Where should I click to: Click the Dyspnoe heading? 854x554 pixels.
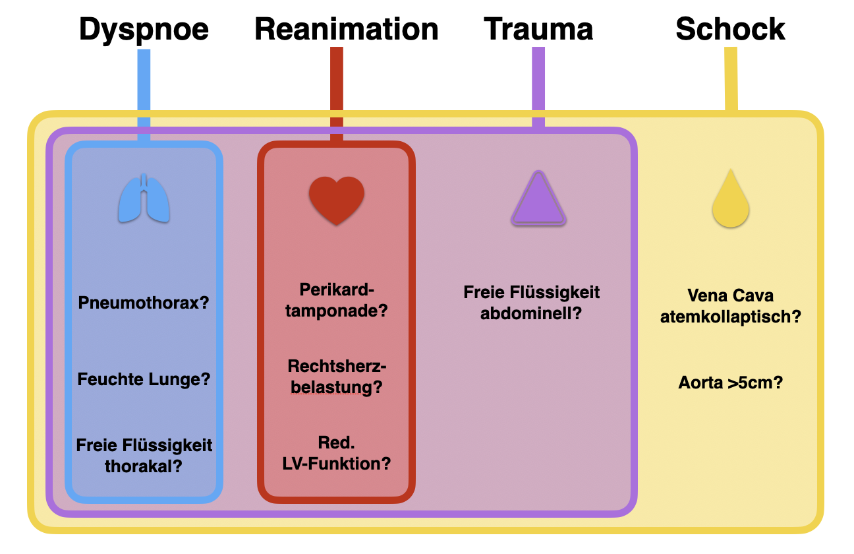(144, 30)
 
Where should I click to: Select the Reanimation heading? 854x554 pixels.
(347, 30)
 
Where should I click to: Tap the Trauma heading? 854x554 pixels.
(538, 30)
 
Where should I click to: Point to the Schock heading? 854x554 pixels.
(730, 30)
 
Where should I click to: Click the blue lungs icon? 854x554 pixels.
(144, 198)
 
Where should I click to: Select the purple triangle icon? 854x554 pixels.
(538, 199)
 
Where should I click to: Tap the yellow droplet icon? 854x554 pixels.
(731, 199)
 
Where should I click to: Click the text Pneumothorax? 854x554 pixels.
(144, 303)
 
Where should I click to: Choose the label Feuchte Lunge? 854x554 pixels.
(144, 380)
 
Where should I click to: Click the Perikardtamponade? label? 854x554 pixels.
(337, 300)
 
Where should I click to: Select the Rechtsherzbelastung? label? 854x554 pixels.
(337, 377)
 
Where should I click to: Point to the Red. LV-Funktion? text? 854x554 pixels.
(337, 452)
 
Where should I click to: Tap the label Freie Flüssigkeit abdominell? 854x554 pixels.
(532, 302)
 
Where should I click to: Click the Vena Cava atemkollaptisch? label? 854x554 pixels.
(730, 306)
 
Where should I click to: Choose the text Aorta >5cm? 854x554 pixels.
(730, 383)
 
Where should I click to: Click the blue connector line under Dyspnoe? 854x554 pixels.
(144, 92)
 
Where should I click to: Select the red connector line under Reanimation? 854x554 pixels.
(337, 92)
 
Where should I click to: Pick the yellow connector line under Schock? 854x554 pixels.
(731, 79)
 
